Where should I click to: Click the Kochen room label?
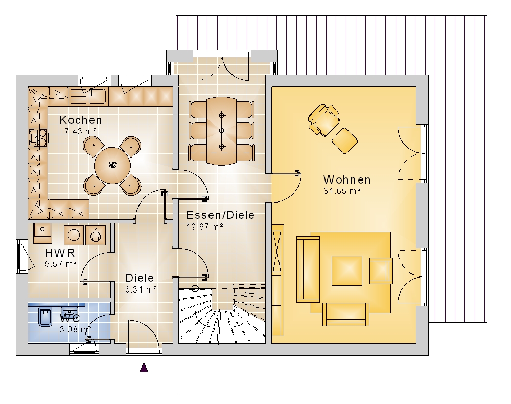[x=81, y=120]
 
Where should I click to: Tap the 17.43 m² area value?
[x=78, y=132]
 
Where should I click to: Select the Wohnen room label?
[x=347, y=179]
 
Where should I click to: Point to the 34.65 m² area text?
[x=342, y=191]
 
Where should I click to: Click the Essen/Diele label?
[x=220, y=215]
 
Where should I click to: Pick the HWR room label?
[x=60, y=253]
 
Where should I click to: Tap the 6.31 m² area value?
[x=141, y=289]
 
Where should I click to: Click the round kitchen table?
[x=112, y=165]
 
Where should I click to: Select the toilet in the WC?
[x=44, y=316]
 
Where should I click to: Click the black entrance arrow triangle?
[x=144, y=367]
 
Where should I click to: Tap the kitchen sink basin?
[x=97, y=96]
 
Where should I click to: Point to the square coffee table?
[x=347, y=271]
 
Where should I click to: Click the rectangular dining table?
[x=222, y=131]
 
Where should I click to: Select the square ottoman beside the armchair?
[x=344, y=141]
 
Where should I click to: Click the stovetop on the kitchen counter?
[x=38, y=138]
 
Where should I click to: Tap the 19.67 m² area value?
[x=205, y=227]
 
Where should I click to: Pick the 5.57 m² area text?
[x=61, y=264]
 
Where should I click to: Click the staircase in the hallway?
[x=222, y=315]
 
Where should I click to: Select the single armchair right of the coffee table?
[x=381, y=271]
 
